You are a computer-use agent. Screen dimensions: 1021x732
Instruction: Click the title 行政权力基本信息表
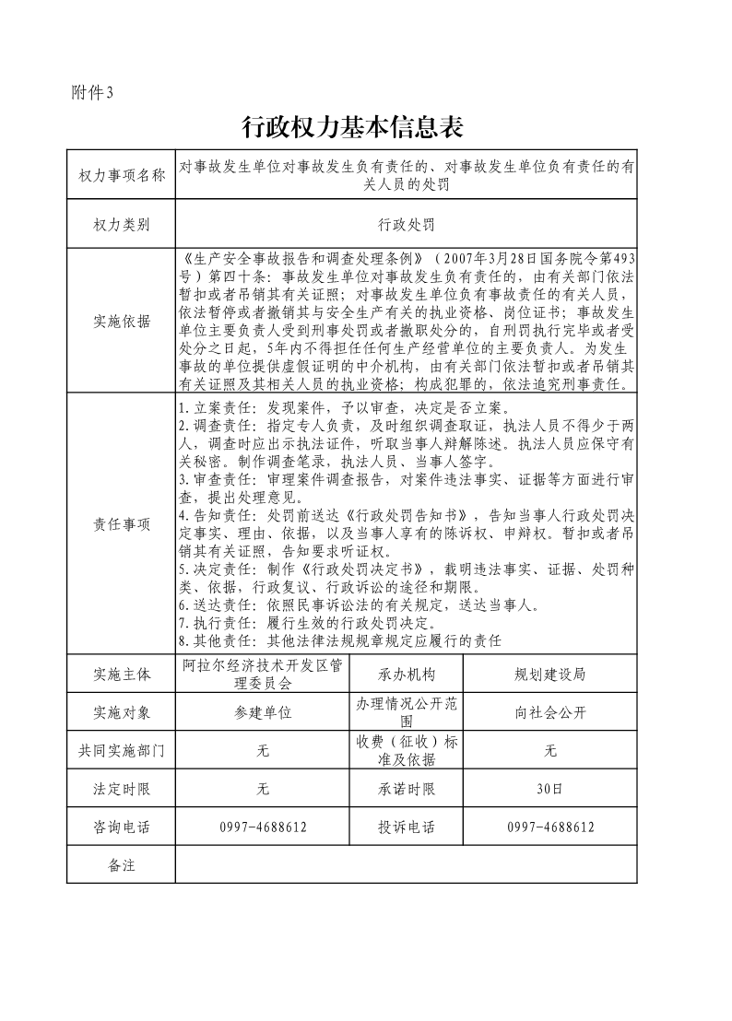tap(351, 125)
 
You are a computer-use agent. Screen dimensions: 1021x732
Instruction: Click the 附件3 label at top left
tap(90, 91)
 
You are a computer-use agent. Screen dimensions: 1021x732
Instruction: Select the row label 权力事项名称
tap(121, 175)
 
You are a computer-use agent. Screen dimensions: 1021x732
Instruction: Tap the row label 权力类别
tap(121, 224)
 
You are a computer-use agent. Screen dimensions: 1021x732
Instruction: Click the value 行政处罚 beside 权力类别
tap(406, 224)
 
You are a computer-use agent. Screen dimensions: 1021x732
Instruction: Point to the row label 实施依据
tap(121, 321)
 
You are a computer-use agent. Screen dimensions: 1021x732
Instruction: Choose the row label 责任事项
tap(121, 524)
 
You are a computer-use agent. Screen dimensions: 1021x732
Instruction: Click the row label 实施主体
tap(121, 674)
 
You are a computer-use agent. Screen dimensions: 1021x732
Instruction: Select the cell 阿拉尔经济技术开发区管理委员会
tap(263, 674)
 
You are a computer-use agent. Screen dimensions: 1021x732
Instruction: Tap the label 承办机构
tap(406, 674)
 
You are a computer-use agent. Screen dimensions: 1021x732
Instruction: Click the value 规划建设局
tap(549, 674)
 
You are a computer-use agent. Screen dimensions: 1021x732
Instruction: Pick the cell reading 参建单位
tap(263, 712)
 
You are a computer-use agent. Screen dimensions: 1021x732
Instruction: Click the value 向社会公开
tap(549, 712)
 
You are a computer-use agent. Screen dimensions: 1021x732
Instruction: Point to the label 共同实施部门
tap(121, 751)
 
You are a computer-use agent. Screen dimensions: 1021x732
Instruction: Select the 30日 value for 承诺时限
tap(549, 789)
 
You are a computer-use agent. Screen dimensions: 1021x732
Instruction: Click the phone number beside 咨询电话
tap(263, 827)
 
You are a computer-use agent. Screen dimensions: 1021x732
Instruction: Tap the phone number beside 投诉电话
tap(549, 827)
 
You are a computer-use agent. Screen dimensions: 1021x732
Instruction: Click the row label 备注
tap(121, 865)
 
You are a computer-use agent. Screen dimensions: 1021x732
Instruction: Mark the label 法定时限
tap(121, 789)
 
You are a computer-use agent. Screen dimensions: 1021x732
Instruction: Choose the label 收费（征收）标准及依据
tap(406, 751)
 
